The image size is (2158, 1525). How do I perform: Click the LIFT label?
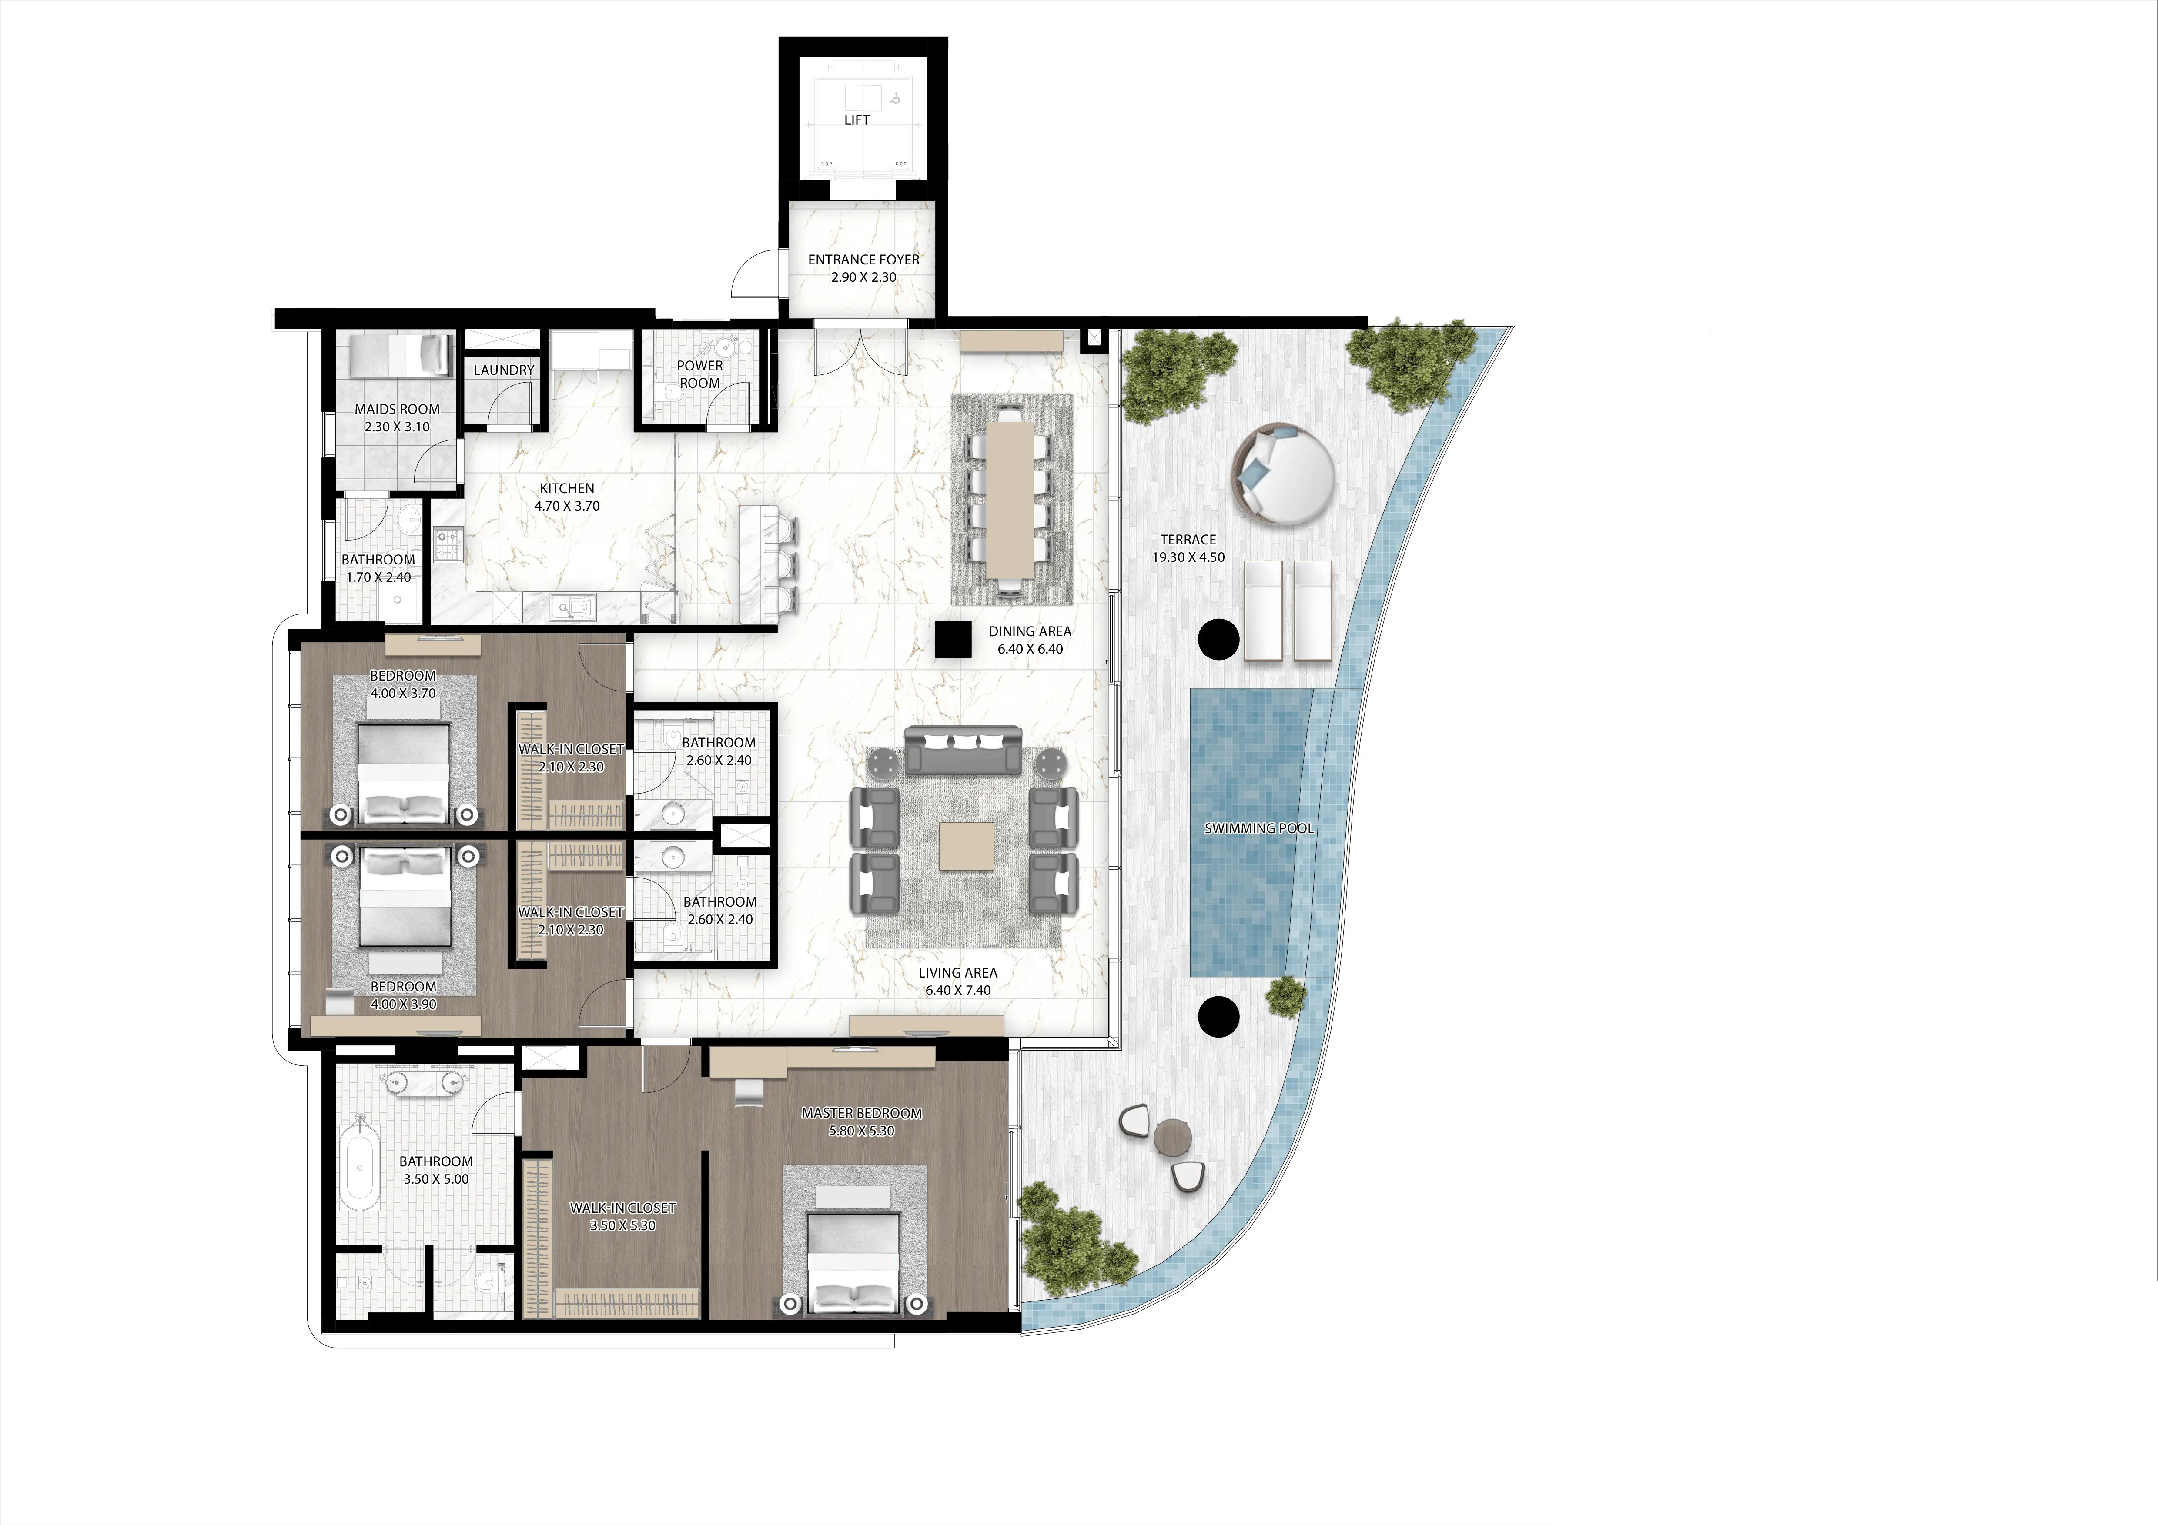pos(856,120)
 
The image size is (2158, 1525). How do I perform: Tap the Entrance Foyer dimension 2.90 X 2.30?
pos(863,277)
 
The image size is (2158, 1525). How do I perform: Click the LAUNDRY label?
pos(504,370)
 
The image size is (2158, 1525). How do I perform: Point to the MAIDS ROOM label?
pos(397,410)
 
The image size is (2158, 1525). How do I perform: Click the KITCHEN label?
pos(567,489)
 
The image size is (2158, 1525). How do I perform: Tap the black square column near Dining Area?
pos(952,640)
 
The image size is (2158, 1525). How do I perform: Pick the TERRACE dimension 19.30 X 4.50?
pos(1188,557)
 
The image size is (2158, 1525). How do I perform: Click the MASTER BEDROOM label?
pos(861,1114)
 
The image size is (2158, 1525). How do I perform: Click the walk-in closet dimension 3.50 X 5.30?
pos(622,1225)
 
